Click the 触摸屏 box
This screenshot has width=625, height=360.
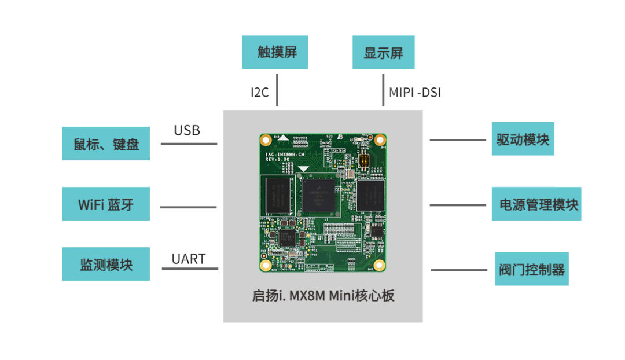[x=275, y=52]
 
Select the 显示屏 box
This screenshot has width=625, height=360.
[x=383, y=53]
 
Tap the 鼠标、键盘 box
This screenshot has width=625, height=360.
[x=106, y=144]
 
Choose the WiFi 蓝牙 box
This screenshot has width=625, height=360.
[x=106, y=204]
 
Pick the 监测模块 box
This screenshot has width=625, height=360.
[x=106, y=264]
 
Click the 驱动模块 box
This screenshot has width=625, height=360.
[x=523, y=139]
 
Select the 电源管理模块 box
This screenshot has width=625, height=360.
[x=536, y=204]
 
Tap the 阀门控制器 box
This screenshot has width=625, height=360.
[x=532, y=269]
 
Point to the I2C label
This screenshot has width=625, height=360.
[x=260, y=92]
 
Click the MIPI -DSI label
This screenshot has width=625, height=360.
[x=415, y=92]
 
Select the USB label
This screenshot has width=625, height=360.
[x=187, y=130]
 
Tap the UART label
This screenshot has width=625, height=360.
[x=189, y=259]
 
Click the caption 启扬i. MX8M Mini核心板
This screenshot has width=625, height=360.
[x=323, y=296]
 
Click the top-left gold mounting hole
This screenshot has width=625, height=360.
[x=266, y=140]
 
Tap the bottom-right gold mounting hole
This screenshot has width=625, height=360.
[x=379, y=265]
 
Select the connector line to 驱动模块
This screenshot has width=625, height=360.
[x=458, y=139]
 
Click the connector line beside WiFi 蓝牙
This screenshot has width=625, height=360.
[x=188, y=207]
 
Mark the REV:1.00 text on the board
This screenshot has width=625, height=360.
[x=276, y=159]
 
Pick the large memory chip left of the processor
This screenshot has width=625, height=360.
[x=277, y=194]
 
